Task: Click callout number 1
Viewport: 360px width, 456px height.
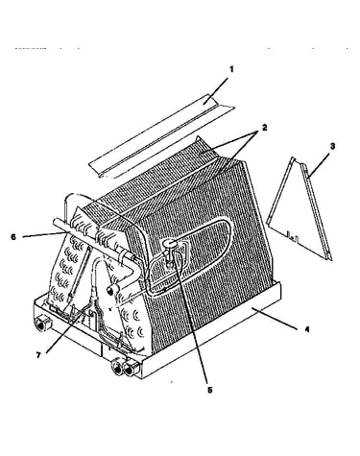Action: tap(231, 69)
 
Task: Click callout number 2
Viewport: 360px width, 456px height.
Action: tap(264, 128)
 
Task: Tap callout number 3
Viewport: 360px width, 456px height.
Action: tap(332, 146)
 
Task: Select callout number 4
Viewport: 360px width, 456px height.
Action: tap(307, 329)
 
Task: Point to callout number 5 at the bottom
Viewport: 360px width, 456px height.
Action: tap(209, 390)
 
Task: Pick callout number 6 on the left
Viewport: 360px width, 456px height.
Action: tap(13, 237)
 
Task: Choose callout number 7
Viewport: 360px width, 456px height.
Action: tap(38, 355)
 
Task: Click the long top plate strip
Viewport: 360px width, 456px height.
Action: tap(161, 136)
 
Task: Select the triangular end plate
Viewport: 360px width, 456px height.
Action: tap(300, 208)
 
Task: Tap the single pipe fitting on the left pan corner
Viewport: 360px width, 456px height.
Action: tap(41, 324)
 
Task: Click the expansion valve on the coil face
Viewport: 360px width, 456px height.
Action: tap(170, 252)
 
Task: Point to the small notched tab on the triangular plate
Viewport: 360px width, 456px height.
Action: tap(294, 237)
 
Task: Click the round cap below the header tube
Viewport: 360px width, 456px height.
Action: tap(111, 289)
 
